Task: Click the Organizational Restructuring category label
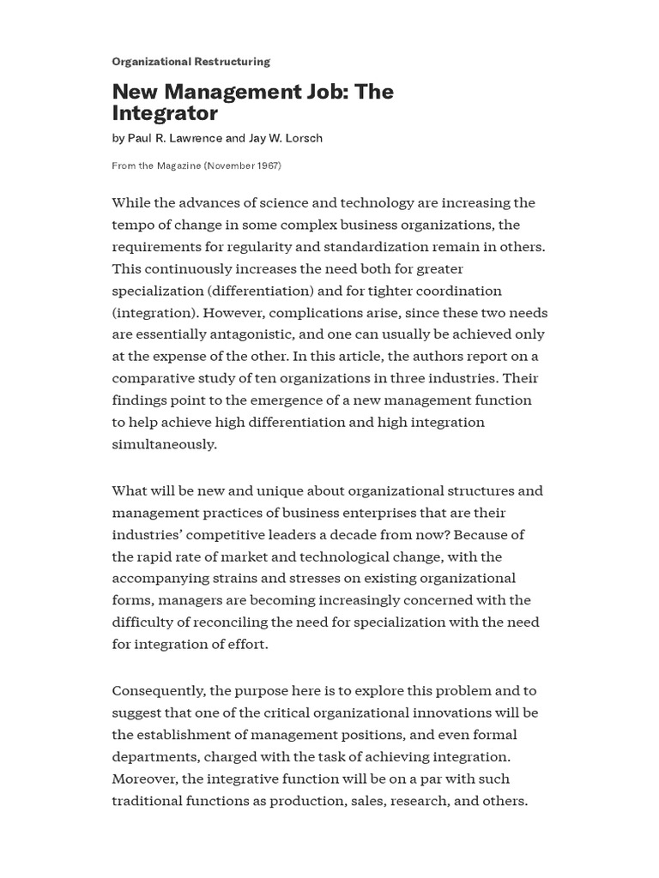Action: click(190, 62)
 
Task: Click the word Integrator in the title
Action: click(165, 113)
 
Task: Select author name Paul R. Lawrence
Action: click(174, 138)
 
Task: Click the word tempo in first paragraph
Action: click(132, 225)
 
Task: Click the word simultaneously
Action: click(165, 444)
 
